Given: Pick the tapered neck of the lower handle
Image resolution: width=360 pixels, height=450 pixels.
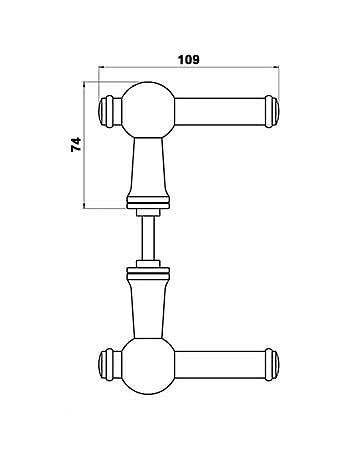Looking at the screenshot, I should pyautogui.click(x=146, y=304).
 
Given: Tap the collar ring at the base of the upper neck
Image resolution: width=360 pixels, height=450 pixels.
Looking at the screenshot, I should pyautogui.click(x=146, y=206).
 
